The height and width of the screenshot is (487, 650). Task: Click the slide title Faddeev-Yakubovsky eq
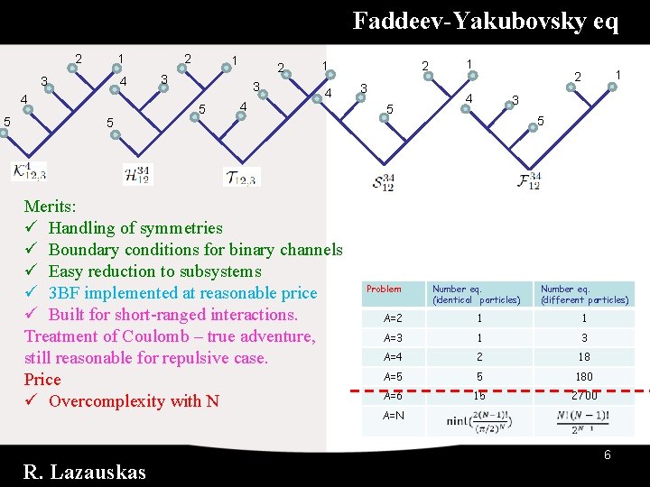(x=485, y=21)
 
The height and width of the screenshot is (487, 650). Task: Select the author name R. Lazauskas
(x=85, y=472)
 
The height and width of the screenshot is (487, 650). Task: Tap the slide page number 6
(x=608, y=455)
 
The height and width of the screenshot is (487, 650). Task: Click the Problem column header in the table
(x=384, y=289)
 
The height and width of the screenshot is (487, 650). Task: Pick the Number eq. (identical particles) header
(x=477, y=294)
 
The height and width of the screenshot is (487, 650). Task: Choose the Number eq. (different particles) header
(x=584, y=294)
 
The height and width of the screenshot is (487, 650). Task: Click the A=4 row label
(x=394, y=357)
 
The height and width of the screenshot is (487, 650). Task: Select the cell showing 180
(x=584, y=377)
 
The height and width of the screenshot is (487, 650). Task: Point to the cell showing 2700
(x=584, y=396)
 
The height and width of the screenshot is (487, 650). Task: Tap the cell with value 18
(x=584, y=357)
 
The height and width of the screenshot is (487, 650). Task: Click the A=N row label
(x=394, y=416)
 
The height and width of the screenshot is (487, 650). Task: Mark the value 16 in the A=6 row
(x=479, y=396)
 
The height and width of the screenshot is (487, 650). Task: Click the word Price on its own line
(x=42, y=380)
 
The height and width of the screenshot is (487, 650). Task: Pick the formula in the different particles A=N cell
(x=585, y=420)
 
